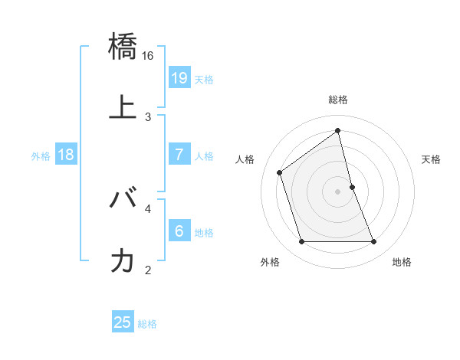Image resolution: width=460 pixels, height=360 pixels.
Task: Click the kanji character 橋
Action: click(x=123, y=47)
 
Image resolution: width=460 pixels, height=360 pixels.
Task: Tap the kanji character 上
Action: click(x=123, y=108)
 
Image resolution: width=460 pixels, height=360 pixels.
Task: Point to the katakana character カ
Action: click(x=123, y=260)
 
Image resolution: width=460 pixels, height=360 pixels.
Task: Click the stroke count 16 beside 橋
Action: click(x=148, y=56)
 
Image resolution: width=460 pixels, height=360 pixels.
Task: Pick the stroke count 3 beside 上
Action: click(x=148, y=116)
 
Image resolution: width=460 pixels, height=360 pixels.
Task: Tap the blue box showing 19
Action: click(x=179, y=78)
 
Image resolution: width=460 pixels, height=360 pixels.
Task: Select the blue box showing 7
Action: click(x=179, y=155)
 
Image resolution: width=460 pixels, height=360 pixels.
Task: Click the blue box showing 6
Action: click(x=179, y=231)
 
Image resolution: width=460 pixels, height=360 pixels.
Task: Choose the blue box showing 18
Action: click(x=66, y=155)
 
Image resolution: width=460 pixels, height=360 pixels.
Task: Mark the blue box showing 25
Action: click(x=123, y=322)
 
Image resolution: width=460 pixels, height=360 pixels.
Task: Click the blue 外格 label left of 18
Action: click(x=41, y=156)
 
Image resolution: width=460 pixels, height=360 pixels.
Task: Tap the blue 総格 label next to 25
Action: click(x=147, y=324)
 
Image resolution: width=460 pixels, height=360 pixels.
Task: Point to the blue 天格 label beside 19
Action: click(x=204, y=80)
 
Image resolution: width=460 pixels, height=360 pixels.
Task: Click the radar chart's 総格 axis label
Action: click(x=338, y=100)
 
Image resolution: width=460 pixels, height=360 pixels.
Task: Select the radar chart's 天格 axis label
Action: click(x=431, y=159)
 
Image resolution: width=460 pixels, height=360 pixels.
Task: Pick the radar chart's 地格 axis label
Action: click(x=402, y=262)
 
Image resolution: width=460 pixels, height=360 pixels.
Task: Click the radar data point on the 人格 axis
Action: click(x=280, y=172)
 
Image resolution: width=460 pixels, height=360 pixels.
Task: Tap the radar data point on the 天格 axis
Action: click(x=352, y=187)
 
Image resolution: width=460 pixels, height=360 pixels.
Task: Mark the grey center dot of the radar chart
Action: click(x=338, y=191)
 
